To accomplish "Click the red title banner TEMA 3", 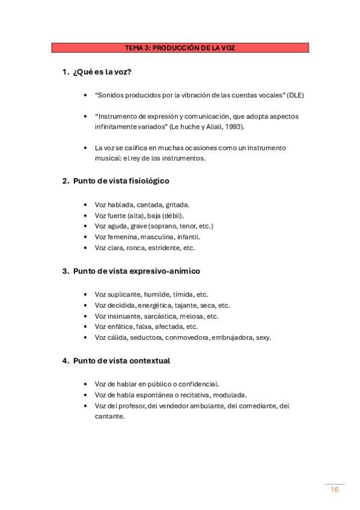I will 180,48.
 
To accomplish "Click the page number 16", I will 335,490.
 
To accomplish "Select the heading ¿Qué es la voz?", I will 102,72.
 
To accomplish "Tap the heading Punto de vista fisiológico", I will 121,180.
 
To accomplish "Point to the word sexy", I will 263,338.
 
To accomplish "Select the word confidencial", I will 197,384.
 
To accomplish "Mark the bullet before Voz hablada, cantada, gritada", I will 88,204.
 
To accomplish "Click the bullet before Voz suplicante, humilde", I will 88,295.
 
